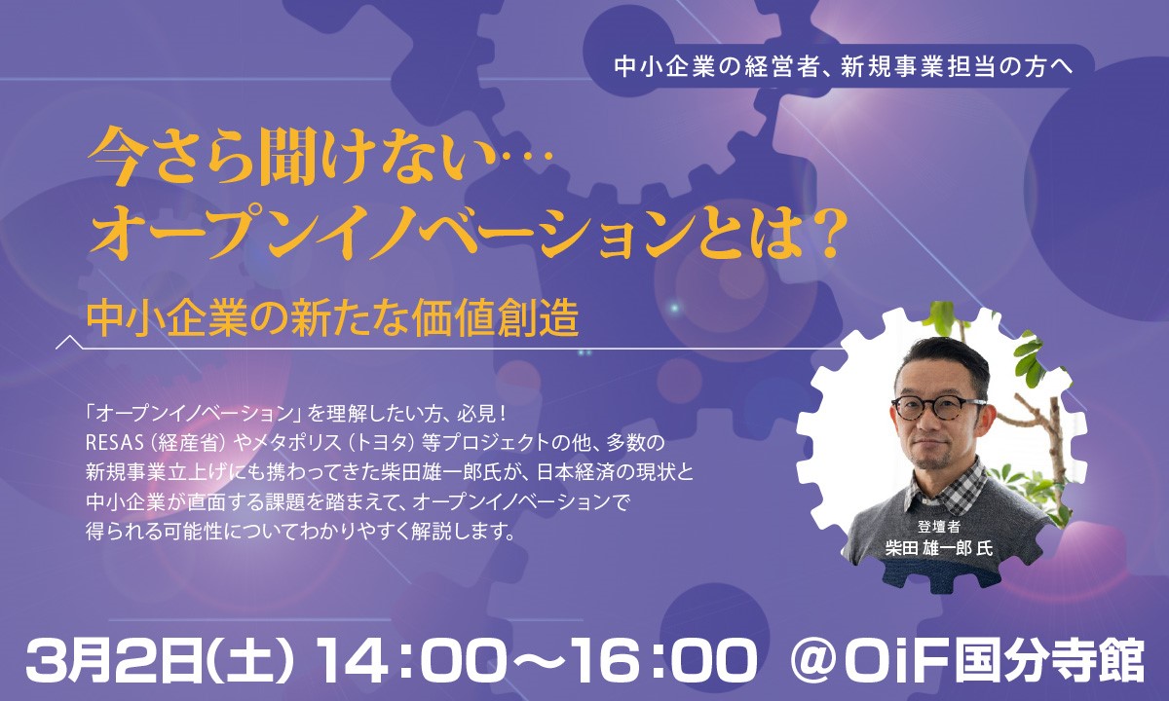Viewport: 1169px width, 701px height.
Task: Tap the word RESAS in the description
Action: coord(115,443)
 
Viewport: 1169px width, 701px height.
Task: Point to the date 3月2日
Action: coord(107,659)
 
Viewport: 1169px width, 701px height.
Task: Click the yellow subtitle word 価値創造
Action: coord(495,317)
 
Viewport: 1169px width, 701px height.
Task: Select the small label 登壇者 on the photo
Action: coord(939,527)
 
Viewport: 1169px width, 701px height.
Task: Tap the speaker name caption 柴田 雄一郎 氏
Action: coord(939,548)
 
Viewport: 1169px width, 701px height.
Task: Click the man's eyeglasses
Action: coord(938,406)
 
